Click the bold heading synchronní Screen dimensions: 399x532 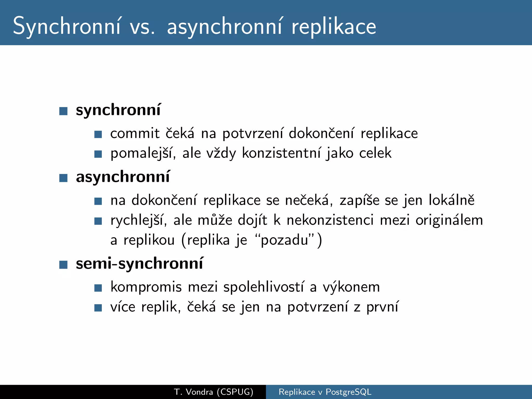[x=118, y=110]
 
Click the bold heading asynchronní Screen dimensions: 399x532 [x=123, y=177]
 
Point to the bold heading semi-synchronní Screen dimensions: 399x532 [x=139, y=264]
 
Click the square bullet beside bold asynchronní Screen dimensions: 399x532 [x=63, y=178]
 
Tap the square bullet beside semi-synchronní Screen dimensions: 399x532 [x=63, y=265]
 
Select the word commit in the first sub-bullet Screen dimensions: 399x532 [x=135, y=134]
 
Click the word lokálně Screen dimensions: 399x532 [x=451, y=200]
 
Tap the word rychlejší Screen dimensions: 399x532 [x=139, y=220]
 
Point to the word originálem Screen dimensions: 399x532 [x=449, y=220]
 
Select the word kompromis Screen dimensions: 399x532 [x=146, y=287]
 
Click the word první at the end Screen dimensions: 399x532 [x=382, y=307]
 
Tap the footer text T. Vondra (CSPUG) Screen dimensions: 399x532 [x=214, y=392]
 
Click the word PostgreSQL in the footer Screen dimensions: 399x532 [x=348, y=392]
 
